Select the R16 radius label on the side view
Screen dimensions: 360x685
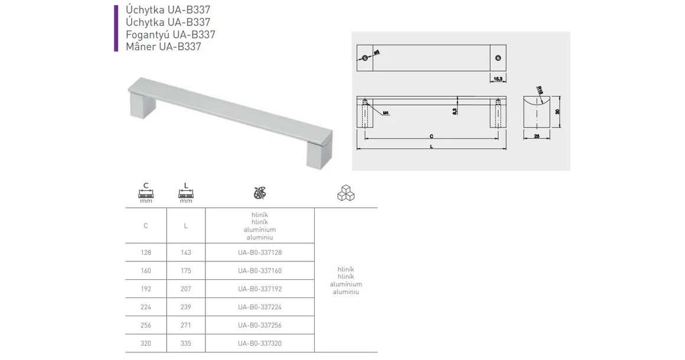540,90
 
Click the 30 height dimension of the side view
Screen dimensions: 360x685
557,112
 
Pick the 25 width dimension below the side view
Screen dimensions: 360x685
536,136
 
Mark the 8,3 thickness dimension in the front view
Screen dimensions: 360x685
454,111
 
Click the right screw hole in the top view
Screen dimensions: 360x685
497,57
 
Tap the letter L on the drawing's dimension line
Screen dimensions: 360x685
432,148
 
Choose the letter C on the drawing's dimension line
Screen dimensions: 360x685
432,136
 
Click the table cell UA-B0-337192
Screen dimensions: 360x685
260,289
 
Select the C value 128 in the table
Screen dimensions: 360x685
146,253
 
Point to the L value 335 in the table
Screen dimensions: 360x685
186,343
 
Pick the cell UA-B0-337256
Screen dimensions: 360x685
260,325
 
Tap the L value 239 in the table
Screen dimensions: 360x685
186,307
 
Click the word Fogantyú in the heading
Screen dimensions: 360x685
145,34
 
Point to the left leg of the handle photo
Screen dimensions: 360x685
142,107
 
